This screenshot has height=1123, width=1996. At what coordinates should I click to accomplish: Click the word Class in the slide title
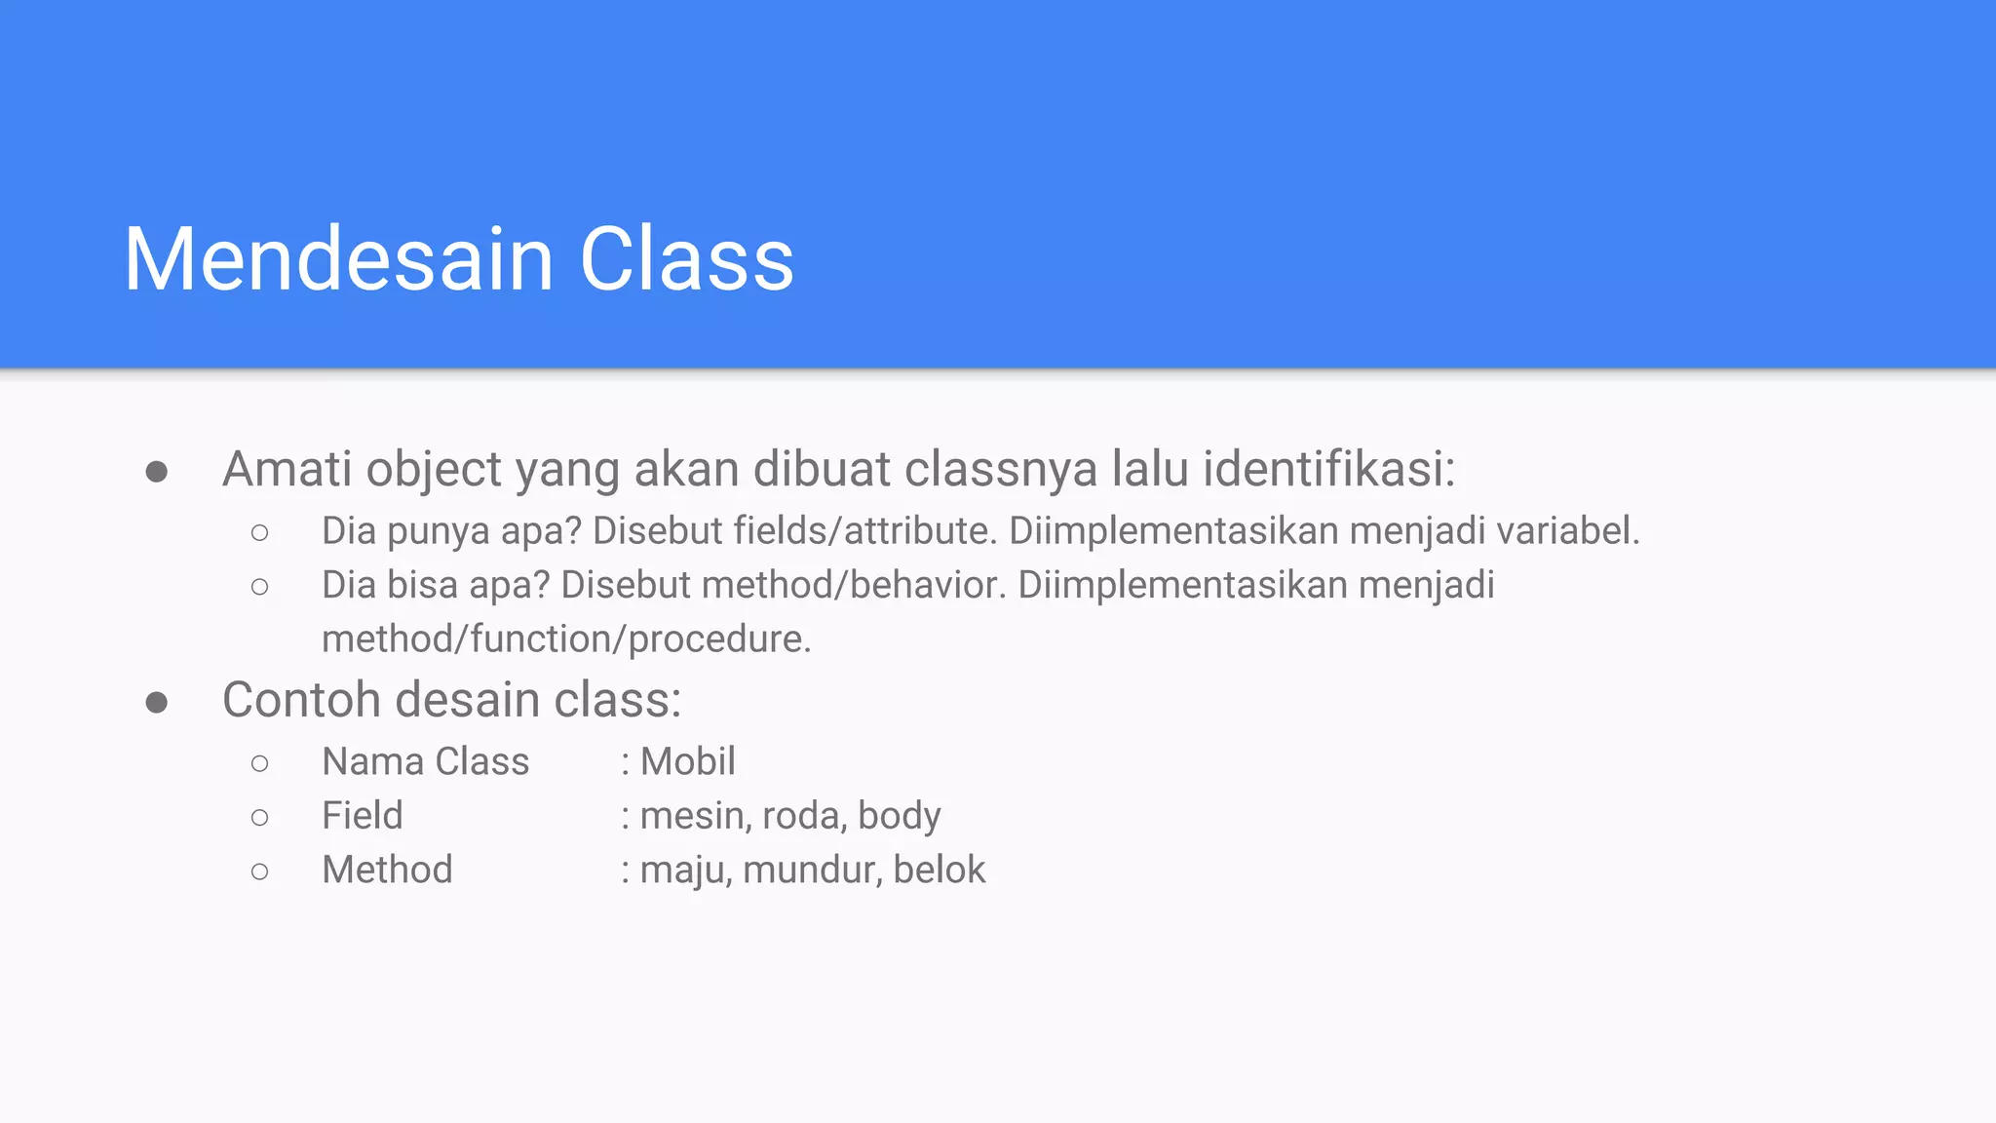pos(687,259)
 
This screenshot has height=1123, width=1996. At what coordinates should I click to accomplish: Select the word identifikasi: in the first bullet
pos(1328,469)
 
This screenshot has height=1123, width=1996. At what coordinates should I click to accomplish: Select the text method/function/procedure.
pos(566,639)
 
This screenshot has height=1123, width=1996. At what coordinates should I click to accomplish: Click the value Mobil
pos(687,761)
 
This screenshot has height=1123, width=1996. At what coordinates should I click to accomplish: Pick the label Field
pos(362,816)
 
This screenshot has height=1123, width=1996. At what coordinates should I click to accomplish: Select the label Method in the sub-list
pos(387,870)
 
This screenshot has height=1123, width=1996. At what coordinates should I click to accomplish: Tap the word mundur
pos(811,870)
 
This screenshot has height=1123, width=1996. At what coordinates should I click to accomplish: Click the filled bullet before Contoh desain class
pos(156,702)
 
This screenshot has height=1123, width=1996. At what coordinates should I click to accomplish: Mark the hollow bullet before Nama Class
pos(259,763)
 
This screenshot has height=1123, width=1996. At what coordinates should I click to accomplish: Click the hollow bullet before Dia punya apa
pos(259,532)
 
